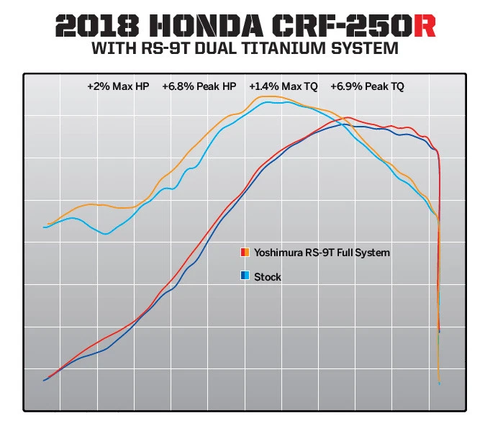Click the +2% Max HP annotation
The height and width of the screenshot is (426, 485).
click(x=117, y=86)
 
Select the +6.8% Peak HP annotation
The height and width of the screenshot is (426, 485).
click(x=199, y=86)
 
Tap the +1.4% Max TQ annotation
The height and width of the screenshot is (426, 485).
click(x=283, y=86)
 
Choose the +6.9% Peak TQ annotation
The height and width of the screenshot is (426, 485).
click(x=367, y=86)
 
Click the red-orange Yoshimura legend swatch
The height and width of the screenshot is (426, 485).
click(x=245, y=253)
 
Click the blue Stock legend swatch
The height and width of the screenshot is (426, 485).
click(x=245, y=276)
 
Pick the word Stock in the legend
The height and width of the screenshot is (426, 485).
click(x=268, y=276)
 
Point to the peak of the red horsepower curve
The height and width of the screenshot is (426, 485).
click(x=348, y=117)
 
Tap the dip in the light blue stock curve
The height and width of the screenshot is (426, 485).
click(x=106, y=234)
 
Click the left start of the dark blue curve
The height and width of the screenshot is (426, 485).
click(x=45, y=380)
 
